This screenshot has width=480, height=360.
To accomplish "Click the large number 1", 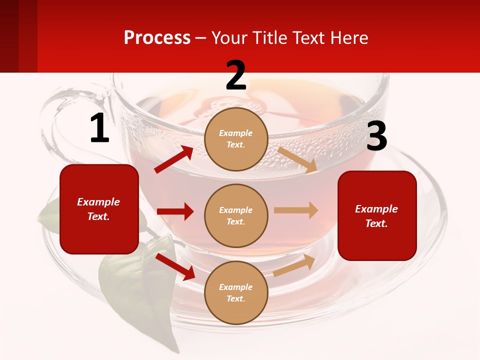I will tap(99, 128).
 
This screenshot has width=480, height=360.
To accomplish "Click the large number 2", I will tap(236, 75).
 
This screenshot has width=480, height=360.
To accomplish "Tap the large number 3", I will tap(376, 136).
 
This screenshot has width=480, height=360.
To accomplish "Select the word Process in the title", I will tap(157, 37).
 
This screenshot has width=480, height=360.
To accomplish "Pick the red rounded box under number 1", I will tap(99, 209).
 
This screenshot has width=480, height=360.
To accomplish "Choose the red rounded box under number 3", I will tap(377, 215).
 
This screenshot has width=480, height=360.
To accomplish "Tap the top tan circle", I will tap(236, 138).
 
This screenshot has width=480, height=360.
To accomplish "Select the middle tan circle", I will tap(236, 215).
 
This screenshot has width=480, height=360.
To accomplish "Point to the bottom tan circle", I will tap(236, 292).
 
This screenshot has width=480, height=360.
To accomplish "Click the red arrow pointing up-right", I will tap(174, 159).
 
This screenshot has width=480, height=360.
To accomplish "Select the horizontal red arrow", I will tap(175, 211).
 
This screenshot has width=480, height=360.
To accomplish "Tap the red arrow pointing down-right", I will tap(175, 266).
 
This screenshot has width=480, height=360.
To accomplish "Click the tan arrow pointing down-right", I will tap(297, 159).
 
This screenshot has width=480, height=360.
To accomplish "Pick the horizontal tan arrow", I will tap(295, 210).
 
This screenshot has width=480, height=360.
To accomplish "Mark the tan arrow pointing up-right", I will tap(294, 265).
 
